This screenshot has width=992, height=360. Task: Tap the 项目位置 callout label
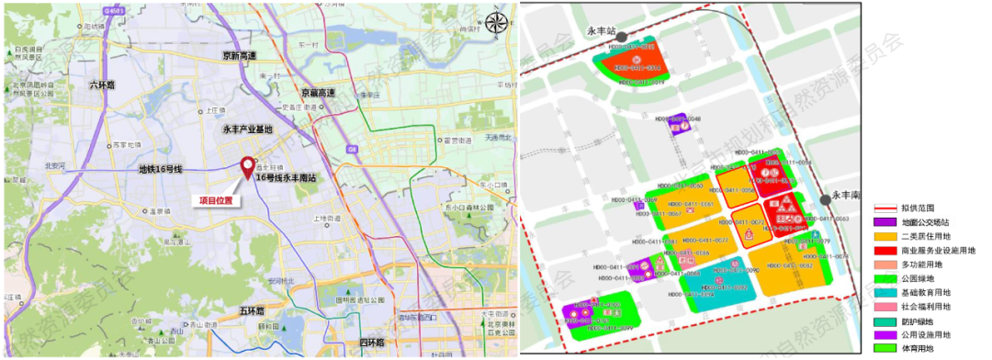217,198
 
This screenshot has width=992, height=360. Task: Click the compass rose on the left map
496,23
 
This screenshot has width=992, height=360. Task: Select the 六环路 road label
103,84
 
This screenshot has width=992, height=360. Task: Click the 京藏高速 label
318,93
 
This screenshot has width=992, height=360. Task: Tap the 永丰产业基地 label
247,129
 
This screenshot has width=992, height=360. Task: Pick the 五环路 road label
252,311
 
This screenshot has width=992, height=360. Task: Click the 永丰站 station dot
622,38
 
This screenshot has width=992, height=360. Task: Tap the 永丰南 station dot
825,199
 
